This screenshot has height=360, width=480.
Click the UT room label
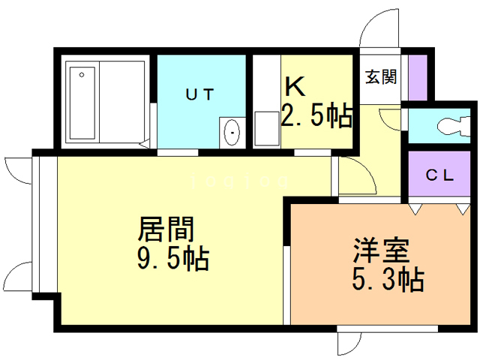pyautogui.click(x=200, y=94)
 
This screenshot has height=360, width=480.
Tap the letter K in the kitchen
pyautogui.click(x=294, y=87)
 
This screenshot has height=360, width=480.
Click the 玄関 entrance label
pyautogui.click(x=381, y=76)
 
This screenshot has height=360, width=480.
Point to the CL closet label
pyautogui.click(x=440, y=176)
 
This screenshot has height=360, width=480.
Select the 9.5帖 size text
pyautogui.click(x=172, y=259)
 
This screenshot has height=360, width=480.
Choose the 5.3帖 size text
pyautogui.click(x=388, y=280)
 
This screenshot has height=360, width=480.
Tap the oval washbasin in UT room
pyautogui.click(x=232, y=133)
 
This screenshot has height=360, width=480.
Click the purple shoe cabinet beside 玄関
pyautogui.click(x=417, y=76)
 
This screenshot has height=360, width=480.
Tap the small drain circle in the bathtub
pyautogui.click(x=81, y=74)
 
